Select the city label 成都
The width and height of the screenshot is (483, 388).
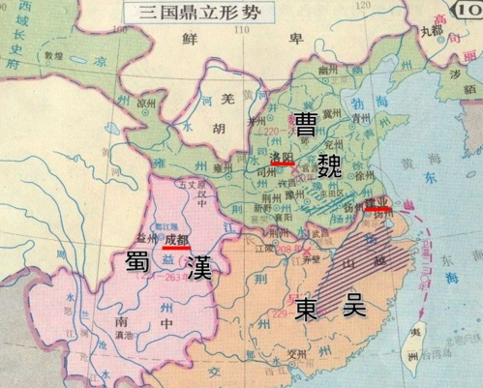point(176,238)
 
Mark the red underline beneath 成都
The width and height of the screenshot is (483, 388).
point(176,248)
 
